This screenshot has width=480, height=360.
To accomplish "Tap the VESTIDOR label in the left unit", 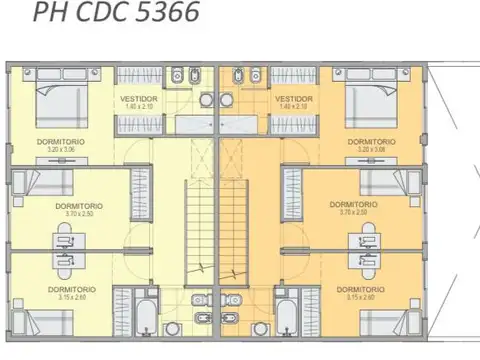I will [139, 99].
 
